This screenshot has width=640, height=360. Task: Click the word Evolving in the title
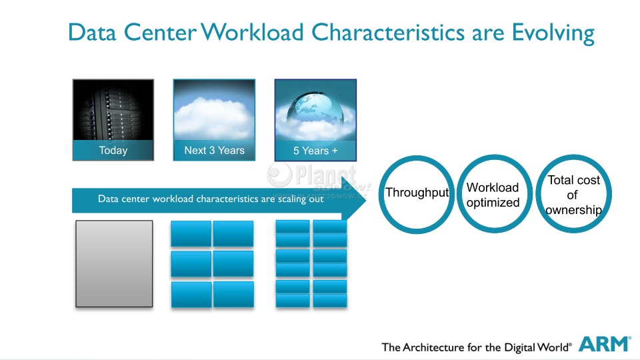click(553, 33)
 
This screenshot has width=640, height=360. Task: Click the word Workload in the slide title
click(252, 32)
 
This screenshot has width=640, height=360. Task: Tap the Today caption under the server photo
click(113, 150)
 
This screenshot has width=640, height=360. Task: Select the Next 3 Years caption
click(214, 150)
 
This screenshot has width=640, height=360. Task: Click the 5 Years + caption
click(315, 151)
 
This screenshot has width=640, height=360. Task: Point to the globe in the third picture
click(315, 108)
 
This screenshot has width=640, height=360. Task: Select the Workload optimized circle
click(494, 156)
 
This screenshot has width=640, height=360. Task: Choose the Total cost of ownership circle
click(573, 156)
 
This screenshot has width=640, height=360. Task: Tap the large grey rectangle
click(114, 264)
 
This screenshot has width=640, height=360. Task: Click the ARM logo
click(605, 344)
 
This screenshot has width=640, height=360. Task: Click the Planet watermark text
click(325, 175)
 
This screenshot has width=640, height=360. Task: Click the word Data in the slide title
click(92, 32)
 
